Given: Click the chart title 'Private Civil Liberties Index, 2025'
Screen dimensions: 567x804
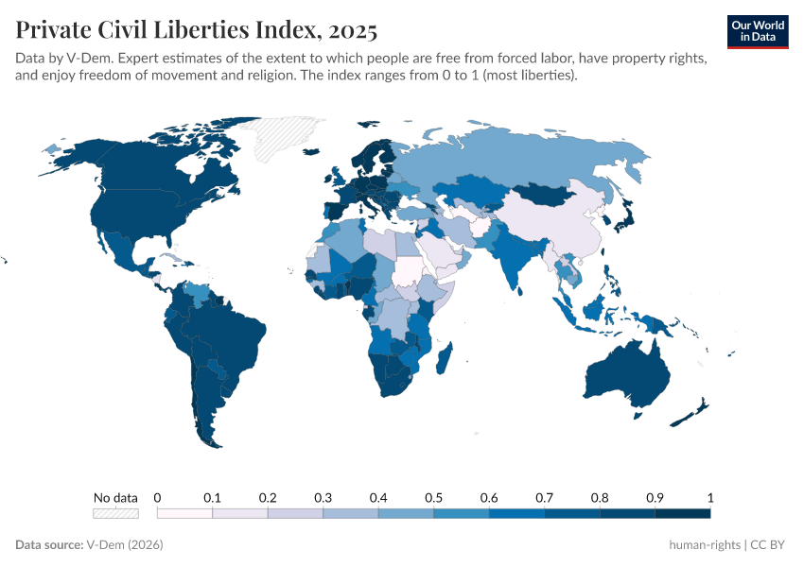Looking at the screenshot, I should [197, 30].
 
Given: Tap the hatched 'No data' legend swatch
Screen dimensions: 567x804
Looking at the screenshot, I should [115, 513].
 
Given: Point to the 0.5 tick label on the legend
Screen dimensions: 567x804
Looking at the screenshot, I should [433, 497].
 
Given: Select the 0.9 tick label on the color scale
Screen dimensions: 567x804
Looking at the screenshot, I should [655, 497].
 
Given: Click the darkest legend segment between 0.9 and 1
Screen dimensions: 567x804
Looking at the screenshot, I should [682, 513].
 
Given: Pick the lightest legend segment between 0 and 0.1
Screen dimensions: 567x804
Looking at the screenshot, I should [184, 513].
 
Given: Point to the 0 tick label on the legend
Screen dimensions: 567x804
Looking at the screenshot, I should [157, 497].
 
